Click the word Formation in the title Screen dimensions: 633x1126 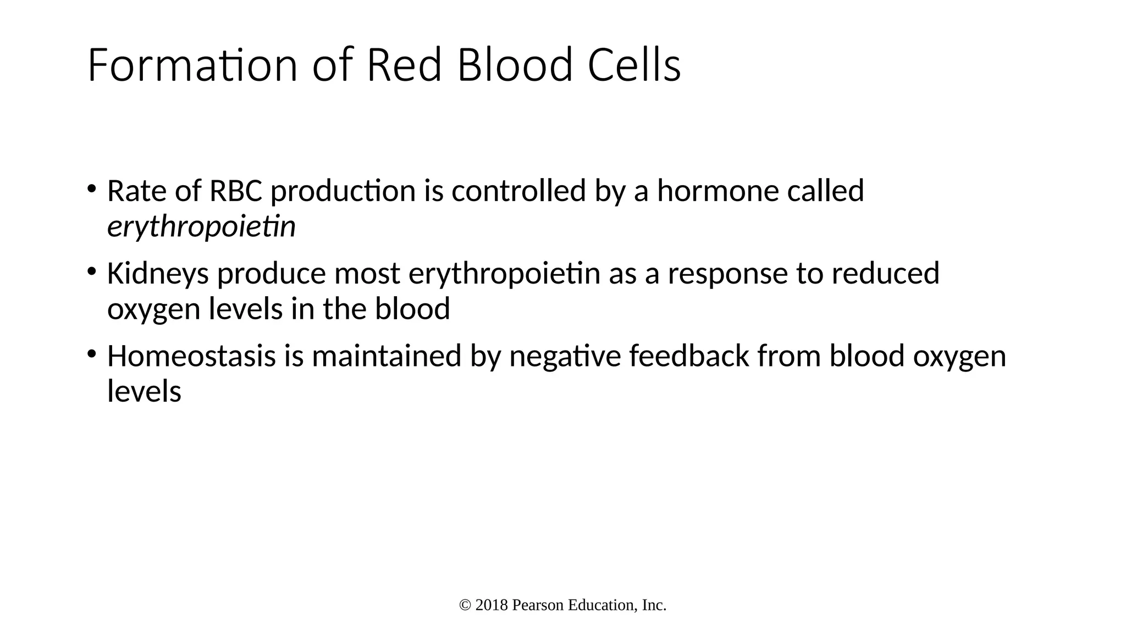tap(192, 65)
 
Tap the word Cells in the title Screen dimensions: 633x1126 tap(634, 65)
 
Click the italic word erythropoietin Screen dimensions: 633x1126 tap(201, 227)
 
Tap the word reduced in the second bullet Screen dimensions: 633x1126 tap(885, 274)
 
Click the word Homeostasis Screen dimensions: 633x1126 tap(191, 356)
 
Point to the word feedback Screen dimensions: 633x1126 tap(689, 356)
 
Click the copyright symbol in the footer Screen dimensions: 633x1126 tap(465, 606)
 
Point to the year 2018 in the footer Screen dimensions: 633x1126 tap(492, 606)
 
